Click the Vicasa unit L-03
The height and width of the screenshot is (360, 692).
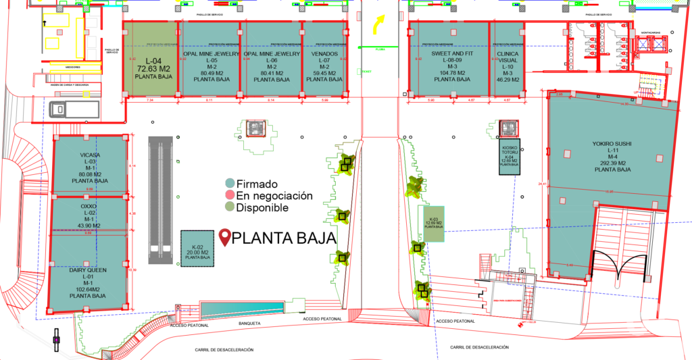[x=90, y=167]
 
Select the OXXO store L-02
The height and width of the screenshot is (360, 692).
[x=90, y=215]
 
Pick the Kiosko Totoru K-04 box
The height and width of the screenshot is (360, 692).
[x=510, y=155]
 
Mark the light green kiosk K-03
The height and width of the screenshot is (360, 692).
[x=434, y=224]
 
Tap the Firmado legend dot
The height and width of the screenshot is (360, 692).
[x=230, y=183]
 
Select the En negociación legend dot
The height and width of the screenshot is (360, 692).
[x=230, y=195]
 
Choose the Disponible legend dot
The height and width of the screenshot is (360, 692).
[x=230, y=207]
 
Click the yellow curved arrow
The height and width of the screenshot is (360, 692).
[x=376, y=25]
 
